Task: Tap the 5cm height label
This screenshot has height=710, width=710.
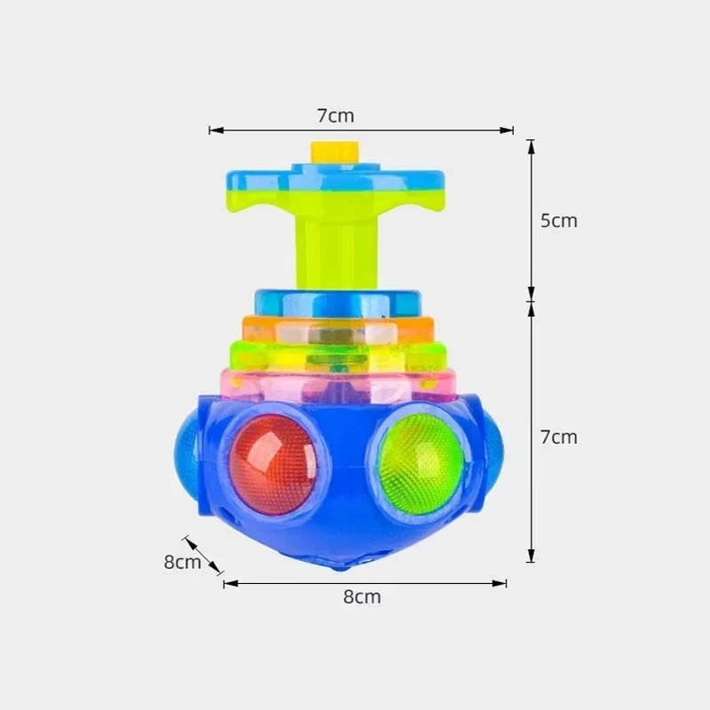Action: pyautogui.click(x=559, y=221)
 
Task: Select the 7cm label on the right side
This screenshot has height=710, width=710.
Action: pyautogui.click(x=559, y=437)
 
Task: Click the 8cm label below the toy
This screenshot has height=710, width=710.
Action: pyautogui.click(x=362, y=596)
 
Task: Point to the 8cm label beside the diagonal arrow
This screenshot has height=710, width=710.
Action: pyautogui.click(x=182, y=562)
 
